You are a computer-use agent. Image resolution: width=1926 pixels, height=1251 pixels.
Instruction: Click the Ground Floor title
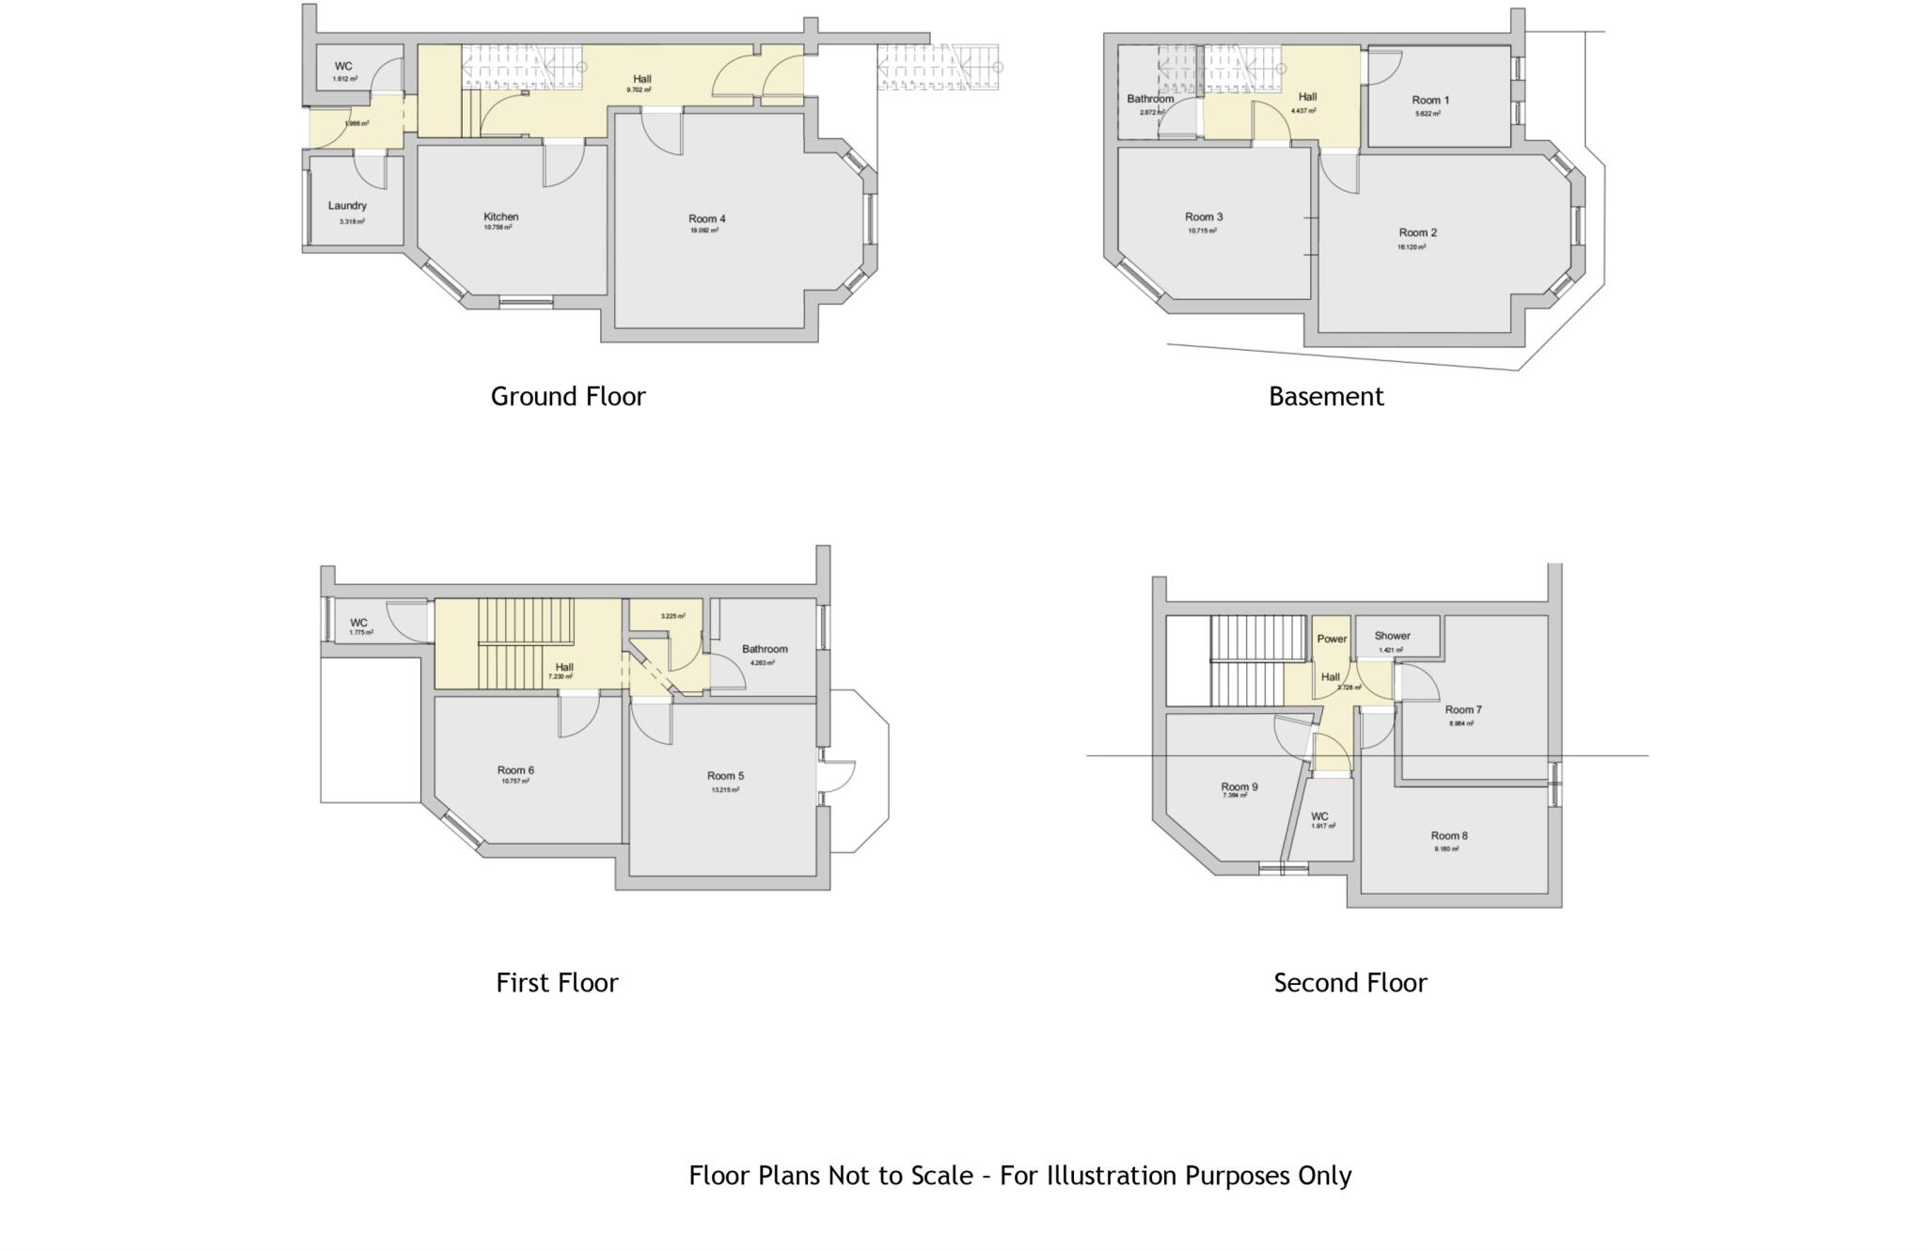[x=568, y=397]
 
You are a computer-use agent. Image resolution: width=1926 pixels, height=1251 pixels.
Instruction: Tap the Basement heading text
[x=1326, y=397]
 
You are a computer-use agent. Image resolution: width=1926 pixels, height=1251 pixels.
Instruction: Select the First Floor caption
[x=557, y=983]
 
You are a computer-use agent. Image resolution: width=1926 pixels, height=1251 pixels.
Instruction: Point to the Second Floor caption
[x=1350, y=983]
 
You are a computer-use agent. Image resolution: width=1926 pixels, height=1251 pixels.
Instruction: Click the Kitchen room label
[x=500, y=216]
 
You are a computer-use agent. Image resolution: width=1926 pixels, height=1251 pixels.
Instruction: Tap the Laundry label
[x=347, y=206]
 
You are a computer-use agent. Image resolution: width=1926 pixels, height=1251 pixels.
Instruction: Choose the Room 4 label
[x=706, y=219]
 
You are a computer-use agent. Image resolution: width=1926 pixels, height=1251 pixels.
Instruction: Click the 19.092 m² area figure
[x=703, y=230]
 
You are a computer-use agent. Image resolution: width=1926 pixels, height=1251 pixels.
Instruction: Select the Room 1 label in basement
[x=1429, y=101]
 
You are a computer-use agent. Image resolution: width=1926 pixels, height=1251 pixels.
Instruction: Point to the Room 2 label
[x=1417, y=233]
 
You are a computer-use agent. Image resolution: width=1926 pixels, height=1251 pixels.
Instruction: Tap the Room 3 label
[x=1204, y=217]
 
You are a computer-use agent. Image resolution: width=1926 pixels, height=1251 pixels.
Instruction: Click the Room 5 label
[x=725, y=776]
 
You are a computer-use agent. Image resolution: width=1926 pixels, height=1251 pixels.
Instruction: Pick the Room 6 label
[x=515, y=770]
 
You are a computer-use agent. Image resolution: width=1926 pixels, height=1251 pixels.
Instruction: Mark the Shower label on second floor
[x=1392, y=636]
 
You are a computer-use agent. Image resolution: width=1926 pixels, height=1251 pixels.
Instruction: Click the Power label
[x=1332, y=639]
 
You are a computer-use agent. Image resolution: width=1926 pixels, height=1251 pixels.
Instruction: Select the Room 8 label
[x=1448, y=835]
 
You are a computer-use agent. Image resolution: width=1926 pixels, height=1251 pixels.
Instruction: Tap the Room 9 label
[x=1239, y=786]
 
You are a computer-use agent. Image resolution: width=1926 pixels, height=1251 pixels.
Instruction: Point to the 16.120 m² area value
[x=1411, y=247]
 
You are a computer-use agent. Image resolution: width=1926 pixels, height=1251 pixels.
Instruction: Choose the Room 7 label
[x=1462, y=710]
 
